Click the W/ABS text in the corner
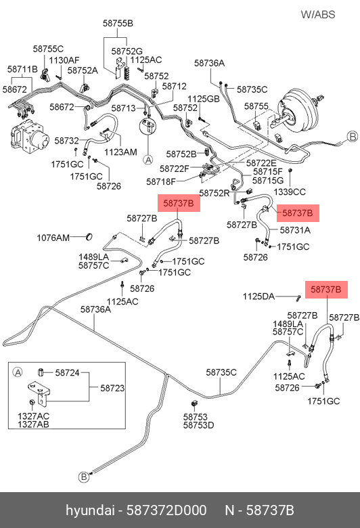pyautogui.click(x=318, y=14)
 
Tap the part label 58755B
pyautogui.click(x=118, y=23)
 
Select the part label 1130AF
pyautogui.click(x=64, y=60)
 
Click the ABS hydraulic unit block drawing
pyautogui.click(x=29, y=135)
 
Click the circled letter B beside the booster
pyautogui.click(x=353, y=137)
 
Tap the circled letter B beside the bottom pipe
pyautogui.click(x=83, y=477)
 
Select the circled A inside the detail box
pyautogui.click(x=17, y=372)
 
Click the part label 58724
pyautogui.click(x=68, y=373)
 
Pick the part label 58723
pyautogui.click(x=112, y=389)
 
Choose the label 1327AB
pyautogui.click(x=33, y=424)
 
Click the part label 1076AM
pyautogui.click(x=53, y=238)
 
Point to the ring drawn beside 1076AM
pyautogui.click(x=89, y=237)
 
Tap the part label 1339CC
pyautogui.click(x=290, y=192)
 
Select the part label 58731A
pyautogui.click(x=295, y=230)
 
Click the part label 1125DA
pyautogui.click(x=258, y=296)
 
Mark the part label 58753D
pyautogui.click(x=199, y=425)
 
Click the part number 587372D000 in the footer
pyautogui.click(x=166, y=510)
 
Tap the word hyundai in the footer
pyautogui.click(x=90, y=511)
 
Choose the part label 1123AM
pyautogui.click(x=120, y=152)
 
